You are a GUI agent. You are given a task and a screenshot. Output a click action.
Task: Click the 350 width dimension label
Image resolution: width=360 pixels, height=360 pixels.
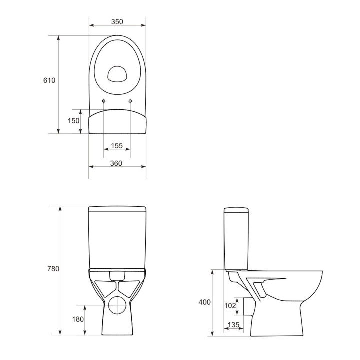117,22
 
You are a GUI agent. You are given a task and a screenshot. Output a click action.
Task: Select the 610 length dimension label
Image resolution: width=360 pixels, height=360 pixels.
49,80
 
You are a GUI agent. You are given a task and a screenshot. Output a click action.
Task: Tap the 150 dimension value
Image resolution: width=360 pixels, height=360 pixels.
74,121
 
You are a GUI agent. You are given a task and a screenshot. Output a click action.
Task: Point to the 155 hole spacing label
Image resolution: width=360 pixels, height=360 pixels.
117,145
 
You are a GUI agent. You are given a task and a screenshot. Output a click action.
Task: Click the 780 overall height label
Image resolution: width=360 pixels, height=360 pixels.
53,269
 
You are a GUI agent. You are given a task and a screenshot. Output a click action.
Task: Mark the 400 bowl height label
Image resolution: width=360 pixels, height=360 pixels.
204,302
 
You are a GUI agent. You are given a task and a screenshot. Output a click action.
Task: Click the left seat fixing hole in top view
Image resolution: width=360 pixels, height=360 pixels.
103,102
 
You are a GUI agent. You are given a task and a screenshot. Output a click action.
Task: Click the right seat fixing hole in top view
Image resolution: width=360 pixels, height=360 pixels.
130,102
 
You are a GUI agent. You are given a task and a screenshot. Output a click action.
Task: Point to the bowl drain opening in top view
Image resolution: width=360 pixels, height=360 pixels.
117,73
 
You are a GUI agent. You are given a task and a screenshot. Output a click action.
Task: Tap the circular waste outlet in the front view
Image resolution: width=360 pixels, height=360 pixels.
117,304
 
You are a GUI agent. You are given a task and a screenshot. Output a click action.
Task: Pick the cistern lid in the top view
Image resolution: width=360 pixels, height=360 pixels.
117,122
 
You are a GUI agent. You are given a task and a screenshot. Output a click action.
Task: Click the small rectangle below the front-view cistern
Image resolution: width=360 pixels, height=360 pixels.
117,275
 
